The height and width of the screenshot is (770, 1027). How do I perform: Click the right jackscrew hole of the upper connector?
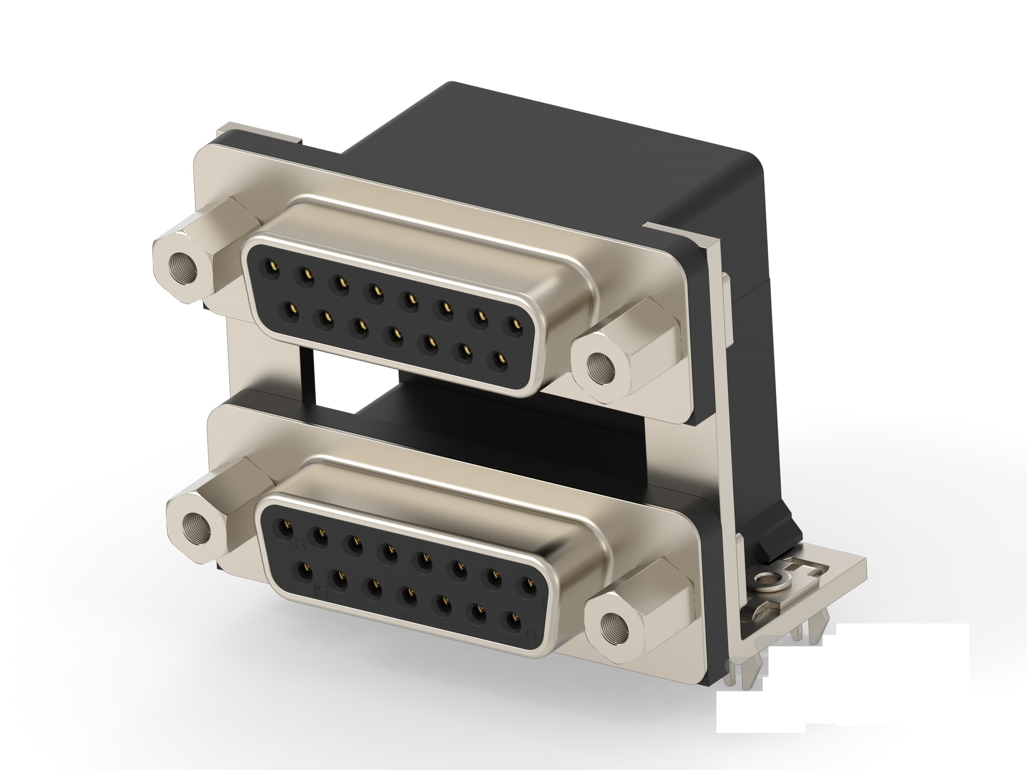[x=601, y=366]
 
